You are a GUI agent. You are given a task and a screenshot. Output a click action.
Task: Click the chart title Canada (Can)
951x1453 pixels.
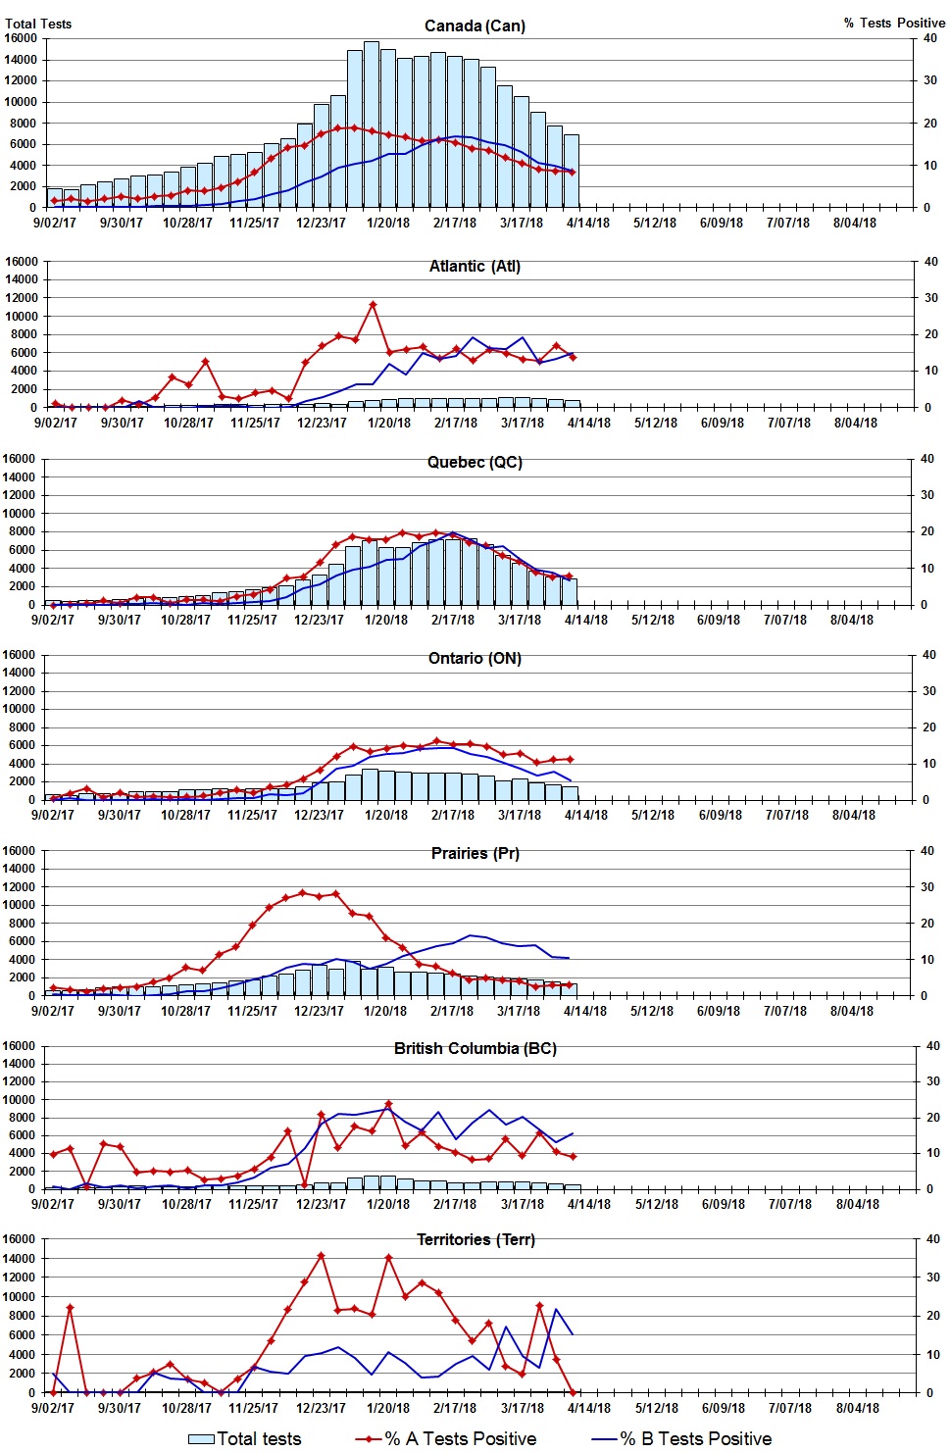click(475, 25)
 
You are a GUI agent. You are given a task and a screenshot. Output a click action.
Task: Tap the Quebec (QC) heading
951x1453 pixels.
click(475, 462)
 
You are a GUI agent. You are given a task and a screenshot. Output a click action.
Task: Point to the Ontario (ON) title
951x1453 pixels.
click(475, 658)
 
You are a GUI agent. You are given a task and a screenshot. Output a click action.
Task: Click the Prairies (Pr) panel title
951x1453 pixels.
click(475, 853)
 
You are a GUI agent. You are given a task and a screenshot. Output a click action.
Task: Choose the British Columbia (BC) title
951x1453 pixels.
click(475, 1048)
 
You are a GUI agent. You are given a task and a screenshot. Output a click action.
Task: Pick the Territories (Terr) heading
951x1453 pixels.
click(475, 1239)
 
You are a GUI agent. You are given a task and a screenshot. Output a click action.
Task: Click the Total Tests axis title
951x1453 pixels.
click(38, 24)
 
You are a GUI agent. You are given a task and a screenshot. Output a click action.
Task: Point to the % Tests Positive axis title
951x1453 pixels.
click(894, 23)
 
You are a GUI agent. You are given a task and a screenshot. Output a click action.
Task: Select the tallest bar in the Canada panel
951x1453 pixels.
click(372, 125)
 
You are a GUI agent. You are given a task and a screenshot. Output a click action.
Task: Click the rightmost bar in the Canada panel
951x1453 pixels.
click(572, 171)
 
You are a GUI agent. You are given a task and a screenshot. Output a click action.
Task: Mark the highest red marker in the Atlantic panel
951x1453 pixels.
click(373, 305)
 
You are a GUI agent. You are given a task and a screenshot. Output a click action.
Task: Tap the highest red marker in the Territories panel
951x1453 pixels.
click(321, 1255)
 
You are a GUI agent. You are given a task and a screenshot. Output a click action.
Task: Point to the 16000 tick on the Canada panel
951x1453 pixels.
click(21, 38)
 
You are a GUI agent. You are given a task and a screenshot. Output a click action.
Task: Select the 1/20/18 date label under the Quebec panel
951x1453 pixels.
click(386, 620)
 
